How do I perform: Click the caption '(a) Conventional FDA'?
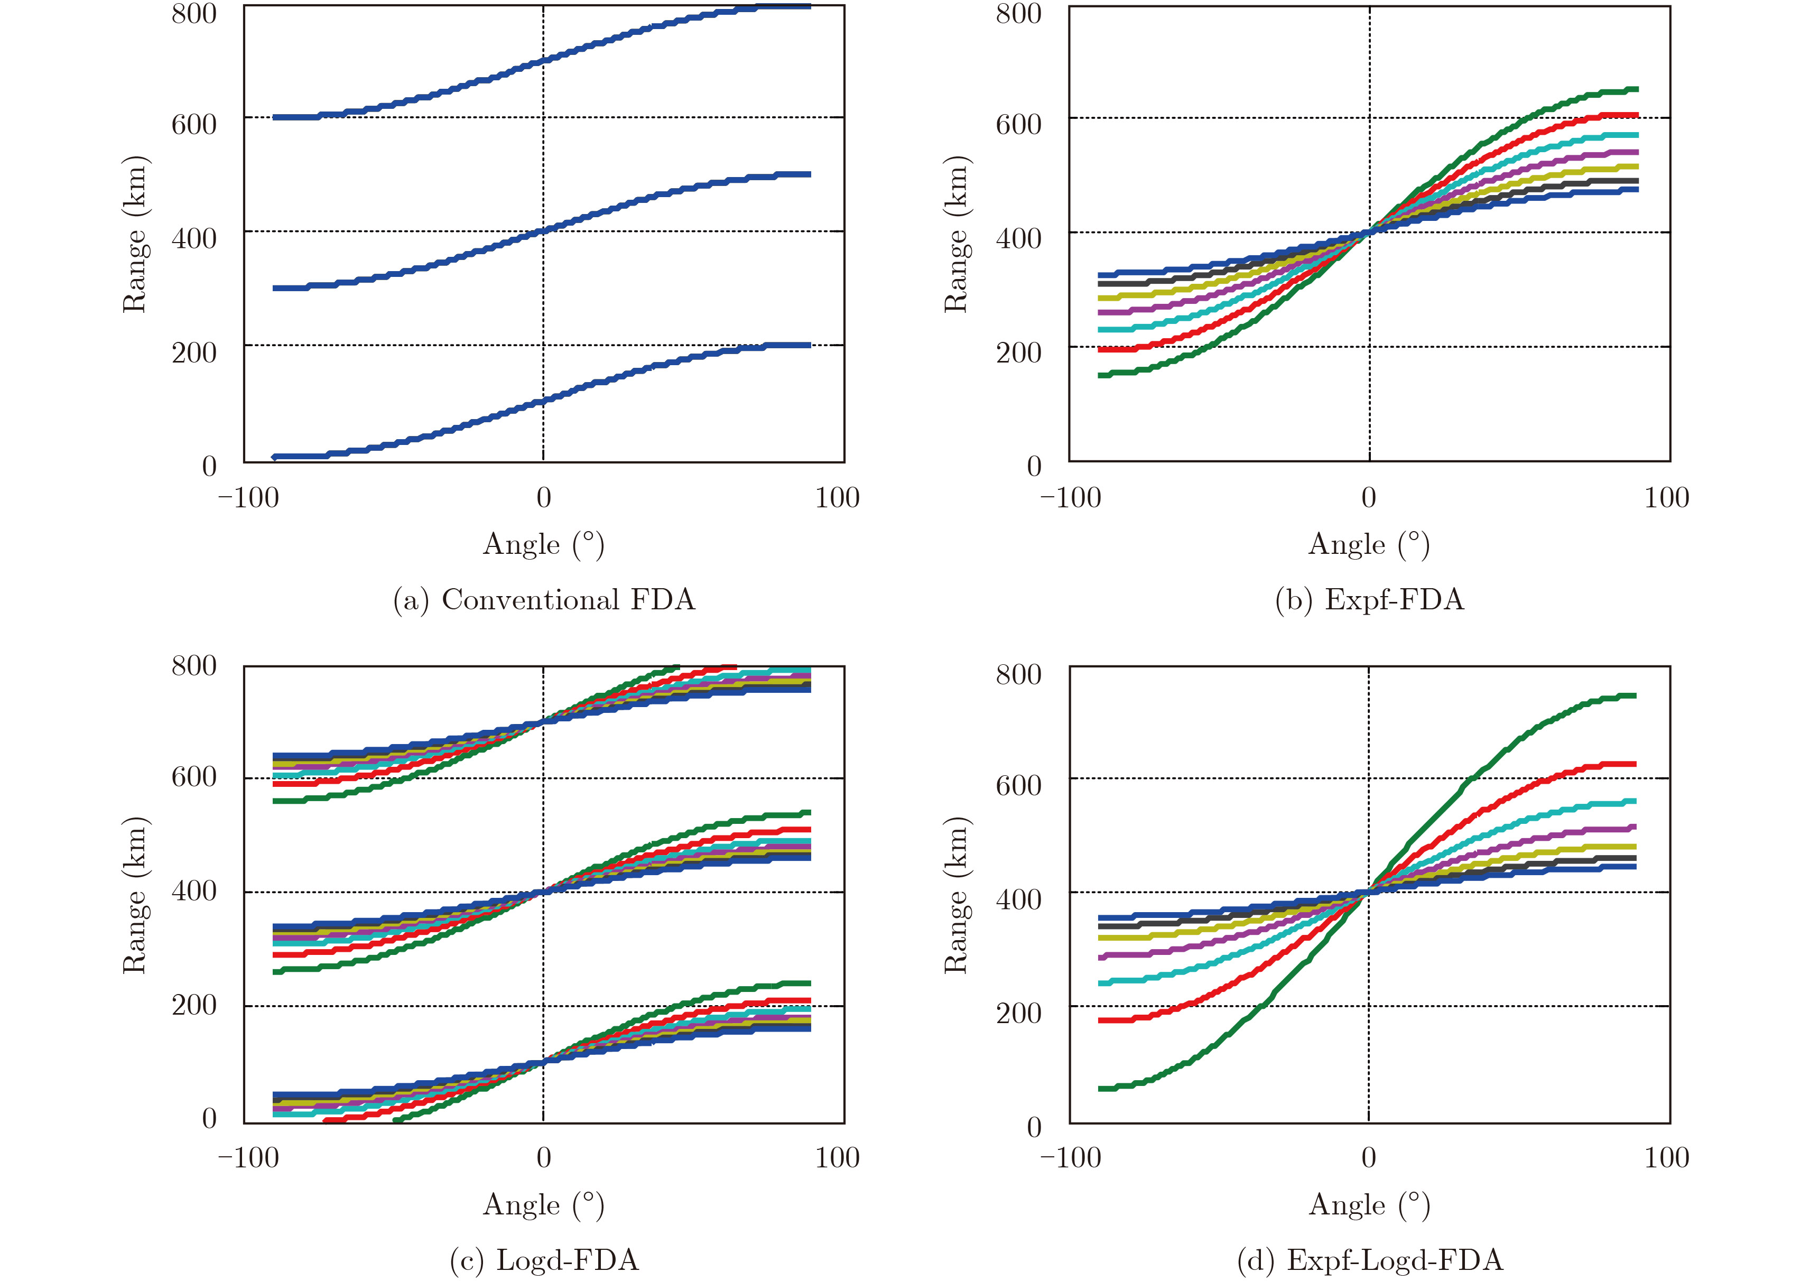(x=544, y=600)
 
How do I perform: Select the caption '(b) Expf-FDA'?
(x=1369, y=600)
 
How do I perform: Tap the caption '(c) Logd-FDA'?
(x=544, y=1260)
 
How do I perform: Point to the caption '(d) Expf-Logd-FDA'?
(x=1369, y=1260)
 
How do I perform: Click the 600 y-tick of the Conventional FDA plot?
(x=194, y=124)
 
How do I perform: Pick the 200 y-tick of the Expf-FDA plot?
(x=1018, y=352)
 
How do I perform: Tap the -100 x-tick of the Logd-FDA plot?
(x=248, y=1158)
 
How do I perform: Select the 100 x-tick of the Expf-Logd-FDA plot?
(x=1666, y=1158)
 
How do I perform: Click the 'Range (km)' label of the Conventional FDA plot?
(x=135, y=234)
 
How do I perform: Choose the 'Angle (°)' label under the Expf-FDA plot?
(x=1369, y=544)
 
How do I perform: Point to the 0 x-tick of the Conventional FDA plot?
(x=543, y=498)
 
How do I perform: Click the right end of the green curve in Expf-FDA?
(x=1637, y=89)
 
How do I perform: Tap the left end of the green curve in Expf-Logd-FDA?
(x=1101, y=1089)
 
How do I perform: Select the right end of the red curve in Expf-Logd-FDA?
(x=1635, y=764)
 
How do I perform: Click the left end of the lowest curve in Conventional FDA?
(x=274, y=457)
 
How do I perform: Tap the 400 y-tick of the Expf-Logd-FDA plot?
(x=1018, y=899)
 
